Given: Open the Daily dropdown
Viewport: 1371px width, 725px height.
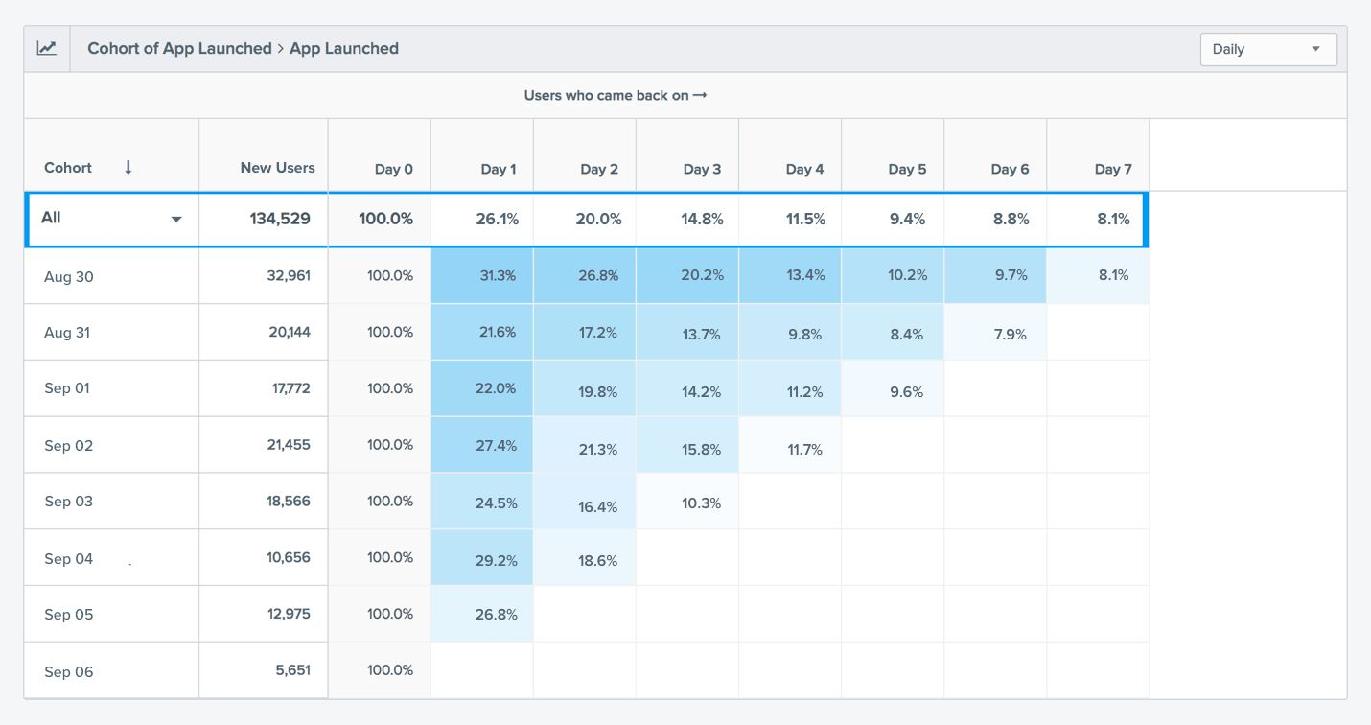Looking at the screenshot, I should pyautogui.click(x=1267, y=49).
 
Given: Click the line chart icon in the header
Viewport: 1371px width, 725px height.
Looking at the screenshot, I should pyautogui.click(x=47, y=48).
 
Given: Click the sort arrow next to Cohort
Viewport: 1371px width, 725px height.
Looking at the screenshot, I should pyautogui.click(x=128, y=167).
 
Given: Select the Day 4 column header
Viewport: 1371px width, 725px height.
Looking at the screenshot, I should pyautogui.click(x=804, y=169).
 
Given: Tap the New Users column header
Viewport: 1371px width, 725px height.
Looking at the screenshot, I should pyautogui.click(x=277, y=168).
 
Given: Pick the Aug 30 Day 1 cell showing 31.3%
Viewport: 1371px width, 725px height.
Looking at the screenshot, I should pyautogui.click(x=497, y=275).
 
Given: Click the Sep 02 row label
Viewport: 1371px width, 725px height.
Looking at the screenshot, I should pyautogui.click(x=69, y=445).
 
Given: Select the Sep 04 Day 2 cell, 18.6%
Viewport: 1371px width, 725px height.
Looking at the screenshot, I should pyautogui.click(x=598, y=560).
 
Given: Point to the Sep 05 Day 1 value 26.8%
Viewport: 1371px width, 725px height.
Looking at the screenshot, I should pyautogui.click(x=497, y=614).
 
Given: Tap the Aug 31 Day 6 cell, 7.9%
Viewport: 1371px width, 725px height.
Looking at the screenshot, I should pyautogui.click(x=1010, y=334).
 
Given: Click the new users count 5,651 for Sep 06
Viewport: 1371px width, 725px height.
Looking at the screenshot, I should pyautogui.click(x=292, y=670).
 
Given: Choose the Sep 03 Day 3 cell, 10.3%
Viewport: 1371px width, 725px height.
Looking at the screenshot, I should pyautogui.click(x=701, y=503).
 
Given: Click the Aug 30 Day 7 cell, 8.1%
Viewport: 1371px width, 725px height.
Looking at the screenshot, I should pyautogui.click(x=1112, y=275).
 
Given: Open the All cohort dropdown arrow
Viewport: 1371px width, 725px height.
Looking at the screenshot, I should pyautogui.click(x=176, y=220).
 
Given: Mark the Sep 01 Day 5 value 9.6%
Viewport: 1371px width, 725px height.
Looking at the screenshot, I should pyautogui.click(x=906, y=391).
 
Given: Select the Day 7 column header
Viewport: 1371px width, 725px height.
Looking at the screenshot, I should pyautogui.click(x=1113, y=169).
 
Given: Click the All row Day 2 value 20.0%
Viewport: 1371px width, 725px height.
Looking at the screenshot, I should pyautogui.click(x=598, y=219).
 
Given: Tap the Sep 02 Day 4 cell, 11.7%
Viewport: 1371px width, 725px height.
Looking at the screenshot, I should pyautogui.click(x=804, y=449).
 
